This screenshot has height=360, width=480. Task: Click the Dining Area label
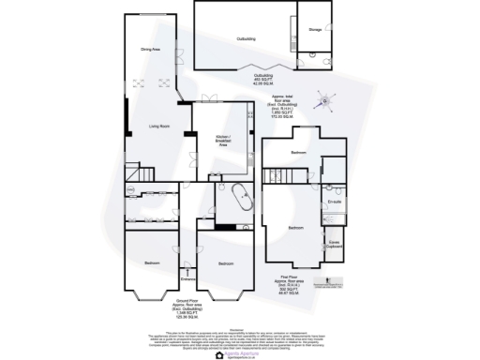click(x=150, y=49)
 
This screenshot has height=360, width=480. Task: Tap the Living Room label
click(x=158, y=127)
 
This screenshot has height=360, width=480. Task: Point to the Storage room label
click(x=314, y=30)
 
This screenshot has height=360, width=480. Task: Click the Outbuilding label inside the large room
click(x=247, y=38)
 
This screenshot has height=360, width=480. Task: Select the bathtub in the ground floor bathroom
click(x=241, y=200)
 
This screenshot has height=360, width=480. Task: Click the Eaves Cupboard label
click(x=334, y=245)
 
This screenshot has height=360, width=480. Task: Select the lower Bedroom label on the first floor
click(x=295, y=229)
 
